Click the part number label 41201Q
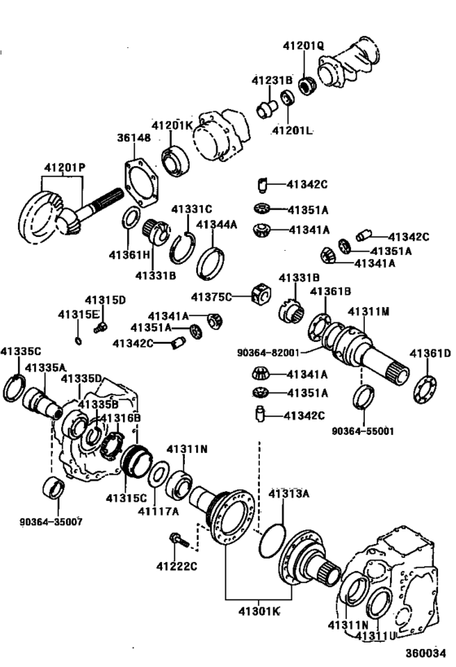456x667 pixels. tap(303, 46)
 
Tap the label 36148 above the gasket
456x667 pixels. tap(134, 138)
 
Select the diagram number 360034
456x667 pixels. tap(425, 653)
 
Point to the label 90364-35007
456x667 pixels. tap(51, 521)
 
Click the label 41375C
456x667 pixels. tap(212, 297)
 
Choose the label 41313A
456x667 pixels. tap(289, 494)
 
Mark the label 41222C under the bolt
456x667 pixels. tap(177, 566)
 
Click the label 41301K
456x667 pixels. tap(259, 612)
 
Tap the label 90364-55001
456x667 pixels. tap(363, 432)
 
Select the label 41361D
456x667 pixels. tap(430, 353)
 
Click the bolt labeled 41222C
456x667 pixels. tap(179, 540)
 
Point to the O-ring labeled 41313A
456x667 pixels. tap(272, 540)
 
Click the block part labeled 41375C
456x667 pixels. tap(261, 294)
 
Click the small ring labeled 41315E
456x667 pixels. tap(78, 340)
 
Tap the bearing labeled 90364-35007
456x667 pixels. tap(55, 487)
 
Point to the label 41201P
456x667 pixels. tap(64, 168)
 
